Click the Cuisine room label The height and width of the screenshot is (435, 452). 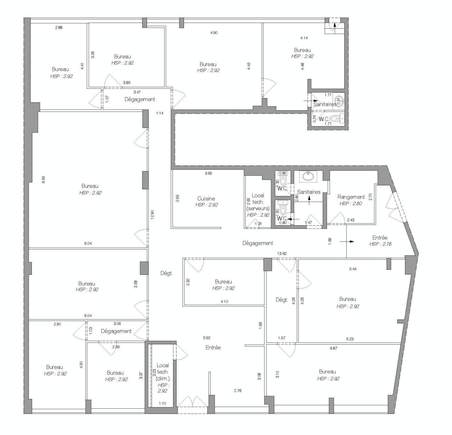pyautogui.click(x=206, y=199)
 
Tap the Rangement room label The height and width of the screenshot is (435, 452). pyautogui.click(x=351, y=197)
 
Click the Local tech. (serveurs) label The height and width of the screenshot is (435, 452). pyautogui.click(x=258, y=202)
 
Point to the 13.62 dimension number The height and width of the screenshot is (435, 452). pyautogui.click(x=282, y=254)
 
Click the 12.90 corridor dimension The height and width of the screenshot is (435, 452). pyautogui.click(x=152, y=215)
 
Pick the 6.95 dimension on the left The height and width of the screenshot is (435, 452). pyautogui.click(x=43, y=179)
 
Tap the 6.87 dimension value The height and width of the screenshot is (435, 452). pyautogui.click(x=333, y=348)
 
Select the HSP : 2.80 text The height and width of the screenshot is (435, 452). pyautogui.click(x=351, y=204)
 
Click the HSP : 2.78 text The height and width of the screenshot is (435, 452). pyautogui.click(x=380, y=244)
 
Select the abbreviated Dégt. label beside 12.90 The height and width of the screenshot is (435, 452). pyautogui.click(x=166, y=273)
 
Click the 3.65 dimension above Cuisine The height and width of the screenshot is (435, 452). pyautogui.click(x=208, y=173)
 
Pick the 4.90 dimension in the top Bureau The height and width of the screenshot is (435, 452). pyautogui.click(x=214, y=33)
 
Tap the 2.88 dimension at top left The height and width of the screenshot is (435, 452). pyautogui.click(x=59, y=28)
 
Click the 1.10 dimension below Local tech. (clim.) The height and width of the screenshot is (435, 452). pyautogui.click(x=162, y=403)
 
